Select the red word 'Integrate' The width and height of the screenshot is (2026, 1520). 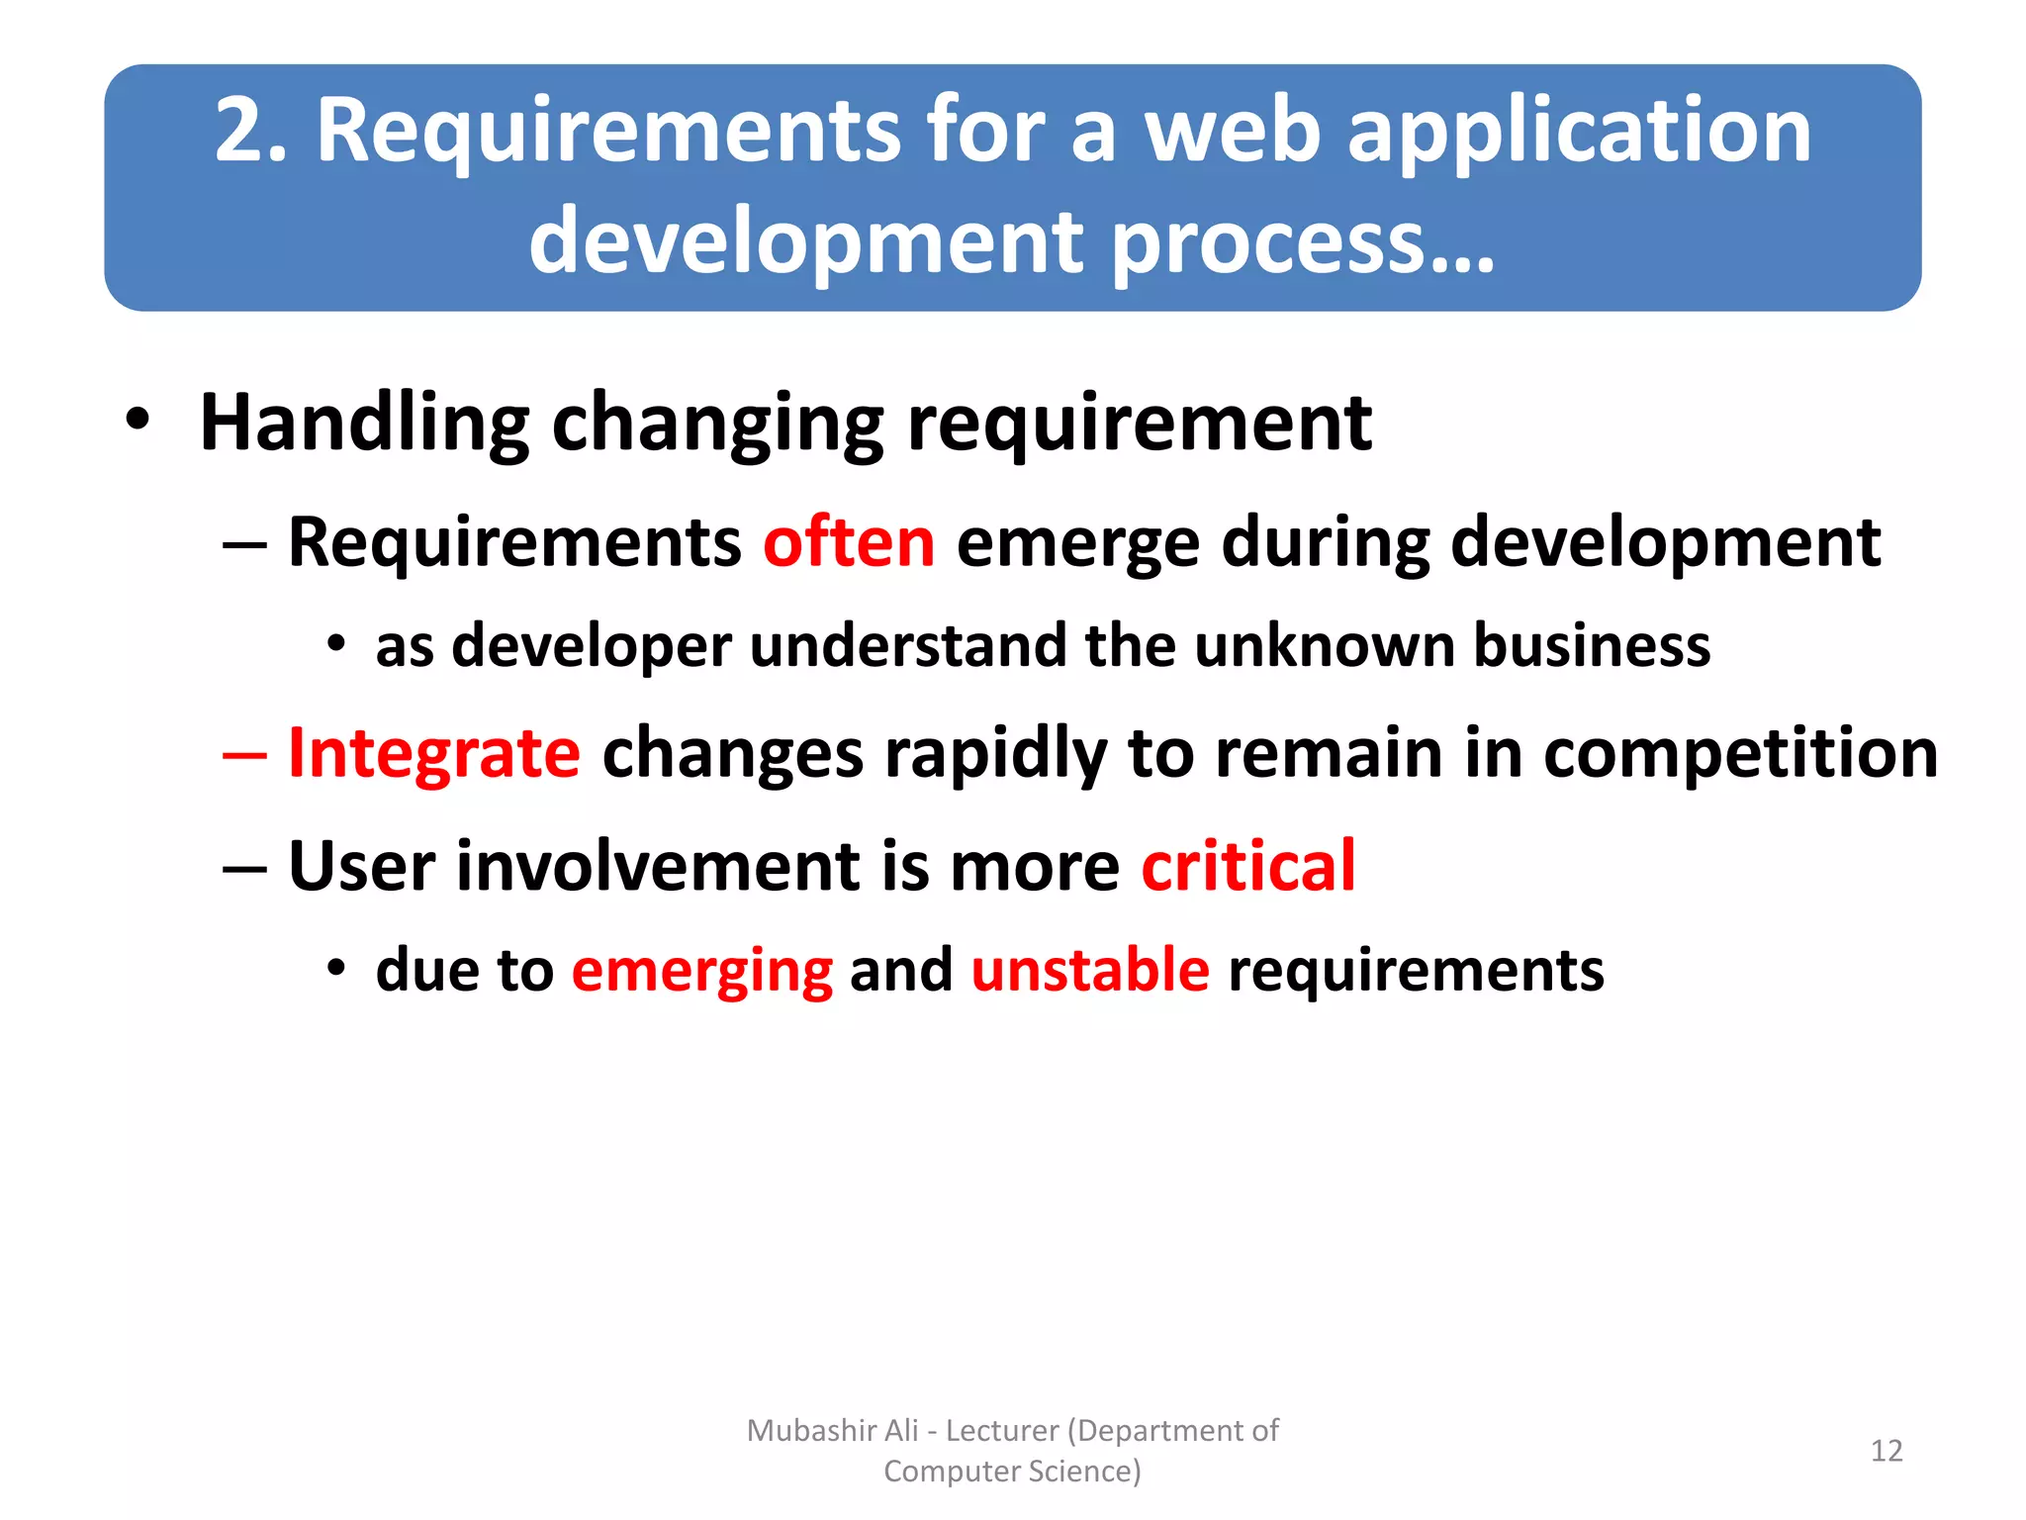[x=433, y=754]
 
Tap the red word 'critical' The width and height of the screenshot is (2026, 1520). [x=1247, y=866]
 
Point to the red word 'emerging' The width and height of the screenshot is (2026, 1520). [x=702, y=970]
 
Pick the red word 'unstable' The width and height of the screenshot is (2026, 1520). [x=1089, y=969]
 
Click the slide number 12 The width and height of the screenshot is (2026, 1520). [x=1886, y=1451]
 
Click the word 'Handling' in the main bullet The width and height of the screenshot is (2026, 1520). [x=364, y=424]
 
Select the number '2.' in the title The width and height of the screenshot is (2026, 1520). [x=251, y=131]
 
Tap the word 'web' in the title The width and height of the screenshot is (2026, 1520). [x=1233, y=131]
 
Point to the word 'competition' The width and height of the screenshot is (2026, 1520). [x=1740, y=754]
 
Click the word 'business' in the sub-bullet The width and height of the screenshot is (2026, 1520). [x=1592, y=646]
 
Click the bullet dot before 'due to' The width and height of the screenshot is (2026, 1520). [x=336, y=967]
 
